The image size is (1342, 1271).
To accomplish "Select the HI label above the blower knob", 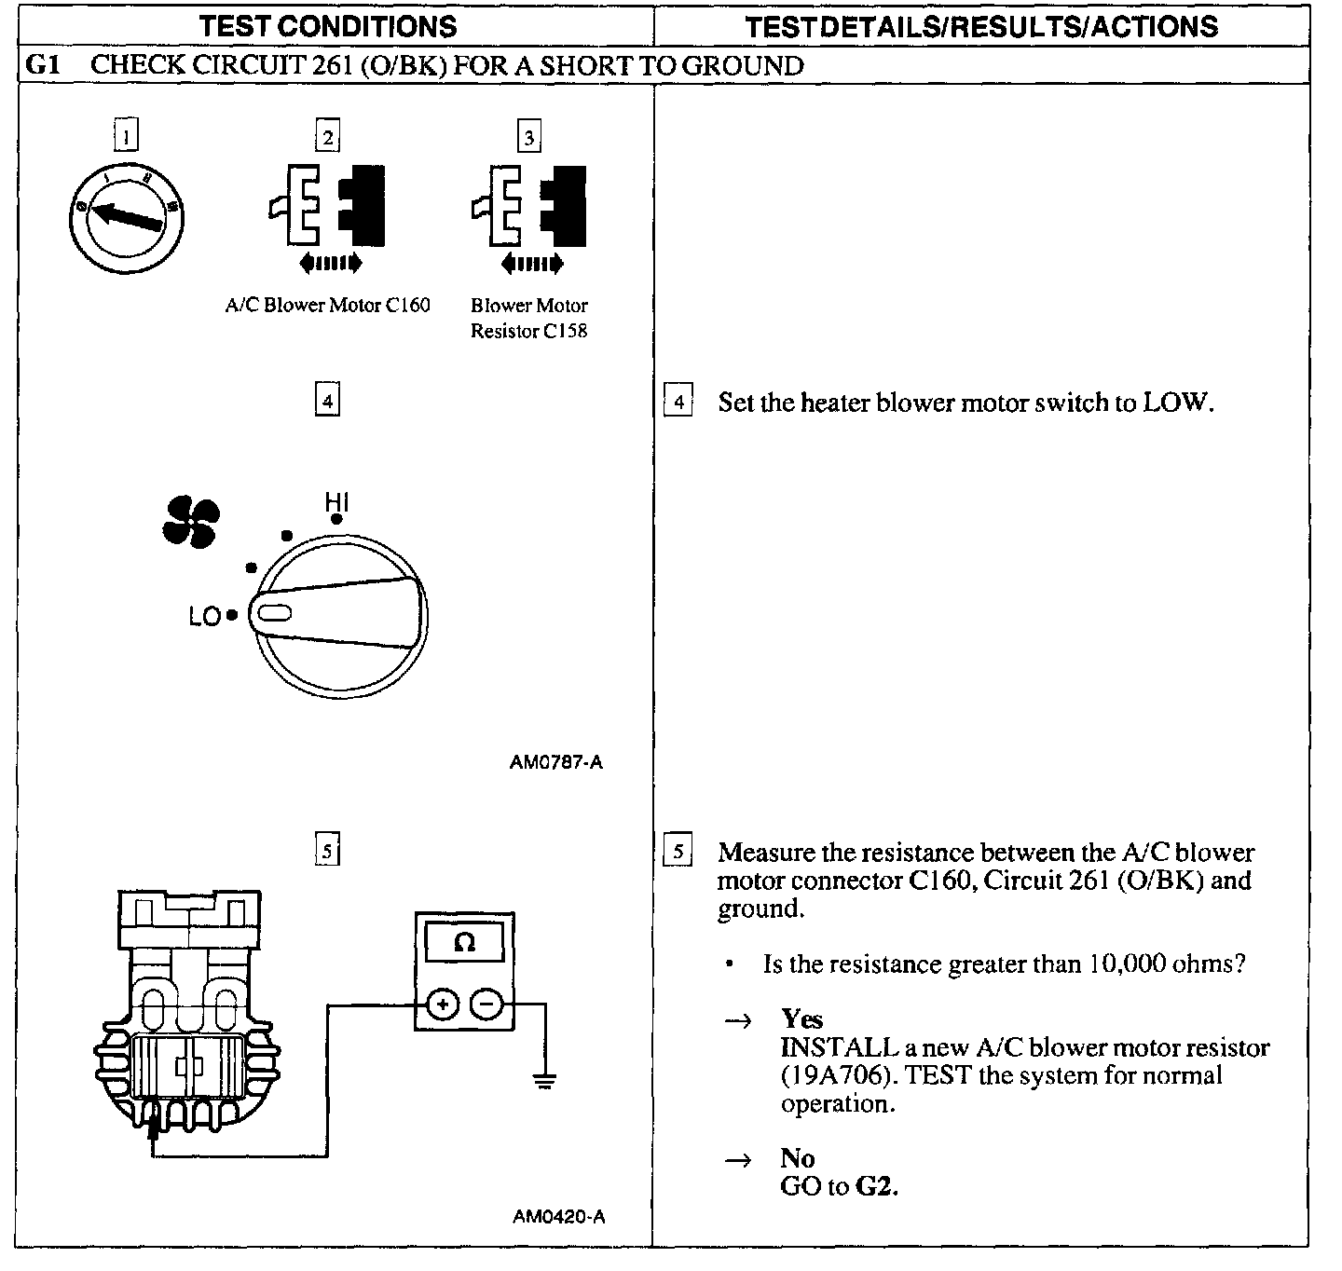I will coord(336,501).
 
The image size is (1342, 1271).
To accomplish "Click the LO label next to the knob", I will coord(204,616).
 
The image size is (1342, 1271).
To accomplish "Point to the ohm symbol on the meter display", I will coord(463,943).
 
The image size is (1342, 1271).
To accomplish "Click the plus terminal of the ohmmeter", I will coord(444,1004).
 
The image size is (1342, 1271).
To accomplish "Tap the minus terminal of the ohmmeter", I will coord(486,1004).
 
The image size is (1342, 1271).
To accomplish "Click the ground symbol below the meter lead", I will coord(544,1081).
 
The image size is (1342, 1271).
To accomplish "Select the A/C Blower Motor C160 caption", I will coord(328,306).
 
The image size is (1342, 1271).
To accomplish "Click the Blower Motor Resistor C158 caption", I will coord(529,318).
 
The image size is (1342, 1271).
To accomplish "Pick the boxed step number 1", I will coord(126,137).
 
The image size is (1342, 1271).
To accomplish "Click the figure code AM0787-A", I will coord(556,762).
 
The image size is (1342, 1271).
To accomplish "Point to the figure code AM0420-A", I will coord(558,1216).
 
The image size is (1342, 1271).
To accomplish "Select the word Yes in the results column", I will coord(801,1018).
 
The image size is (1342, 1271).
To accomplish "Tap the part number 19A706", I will coord(824,1075).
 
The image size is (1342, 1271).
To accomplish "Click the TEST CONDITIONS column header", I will coord(328,26).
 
